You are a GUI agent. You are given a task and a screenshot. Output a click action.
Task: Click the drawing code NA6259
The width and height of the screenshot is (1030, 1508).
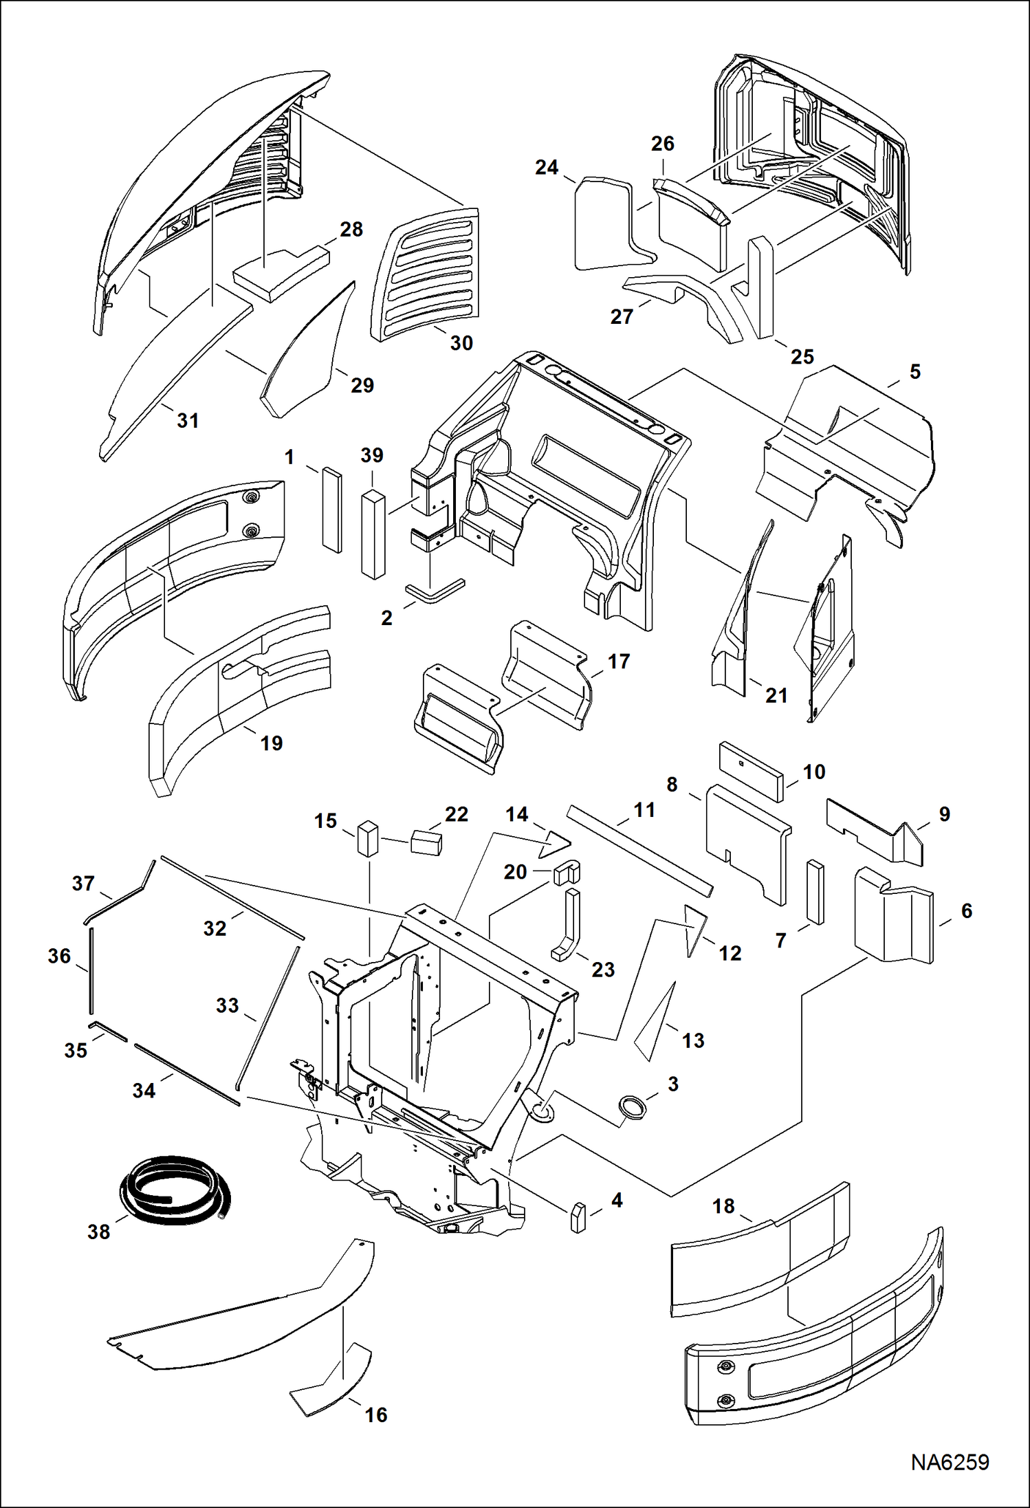(x=950, y=1462)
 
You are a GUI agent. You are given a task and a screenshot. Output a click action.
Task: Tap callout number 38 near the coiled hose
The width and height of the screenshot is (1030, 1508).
(x=98, y=1232)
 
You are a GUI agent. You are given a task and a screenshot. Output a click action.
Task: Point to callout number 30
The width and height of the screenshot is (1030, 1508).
(x=461, y=342)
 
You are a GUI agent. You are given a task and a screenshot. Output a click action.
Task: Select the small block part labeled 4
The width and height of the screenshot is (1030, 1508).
(x=578, y=1218)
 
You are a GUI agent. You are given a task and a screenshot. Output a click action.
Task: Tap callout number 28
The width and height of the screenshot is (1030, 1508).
(x=351, y=229)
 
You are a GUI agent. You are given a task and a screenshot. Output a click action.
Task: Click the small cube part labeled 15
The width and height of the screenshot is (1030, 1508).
(x=368, y=838)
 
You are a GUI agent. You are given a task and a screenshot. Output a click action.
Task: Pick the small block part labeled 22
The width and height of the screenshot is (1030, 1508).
(x=426, y=842)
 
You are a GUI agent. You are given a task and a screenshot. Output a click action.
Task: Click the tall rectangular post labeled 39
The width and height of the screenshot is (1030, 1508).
(x=373, y=534)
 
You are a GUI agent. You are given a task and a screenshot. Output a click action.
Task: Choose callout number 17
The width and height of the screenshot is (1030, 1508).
(x=618, y=661)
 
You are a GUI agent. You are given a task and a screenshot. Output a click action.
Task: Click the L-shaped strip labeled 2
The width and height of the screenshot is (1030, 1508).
(x=435, y=591)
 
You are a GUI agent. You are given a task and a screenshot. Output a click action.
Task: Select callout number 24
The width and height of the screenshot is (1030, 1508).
(x=547, y=167)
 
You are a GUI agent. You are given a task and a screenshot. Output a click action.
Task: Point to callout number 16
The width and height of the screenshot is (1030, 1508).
(x=375, y=1414)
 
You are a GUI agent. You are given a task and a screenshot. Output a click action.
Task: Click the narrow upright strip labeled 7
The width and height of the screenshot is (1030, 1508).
(x=815, y=892)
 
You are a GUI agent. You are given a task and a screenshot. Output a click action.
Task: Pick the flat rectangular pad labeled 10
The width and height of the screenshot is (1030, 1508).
(x=751, y=771)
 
